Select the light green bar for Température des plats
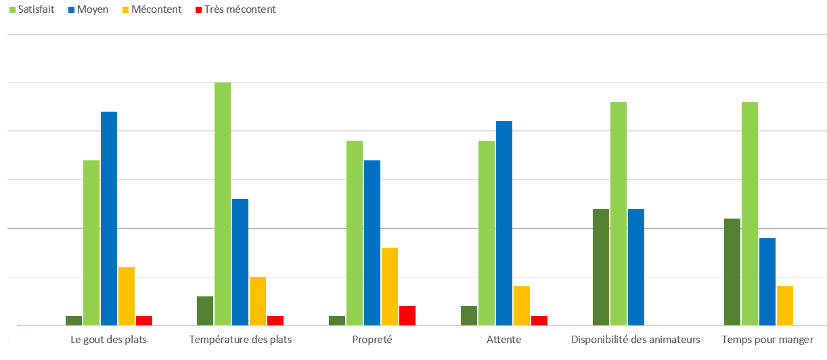(x=223, y=203)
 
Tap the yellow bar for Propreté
(x=390, y=286)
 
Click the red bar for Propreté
(x=407, y=315)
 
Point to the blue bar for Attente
(x=504, y=223)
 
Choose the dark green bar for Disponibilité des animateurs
(x=601, y=267)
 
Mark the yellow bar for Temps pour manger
(x=785, y=305)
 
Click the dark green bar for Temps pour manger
(x=732, y=271)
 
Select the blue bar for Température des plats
(x=240, y=262)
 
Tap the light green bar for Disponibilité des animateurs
(x=619, y=213)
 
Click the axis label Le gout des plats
(x=108, y=339)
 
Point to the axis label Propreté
(x=372, y=339)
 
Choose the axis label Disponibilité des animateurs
(x=635, y=339)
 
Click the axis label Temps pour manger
(x=767, y=339)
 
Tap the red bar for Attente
(x=539, y=320)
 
